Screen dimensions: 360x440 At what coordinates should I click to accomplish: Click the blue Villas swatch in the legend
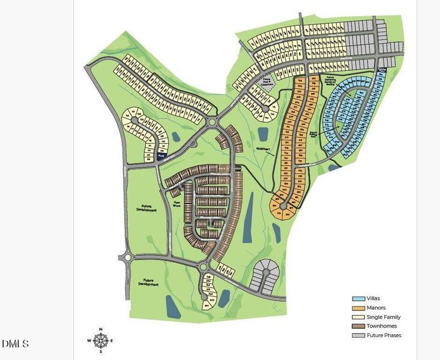click(358, 298)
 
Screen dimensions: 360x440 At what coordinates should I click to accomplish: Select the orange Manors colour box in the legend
click(358, 308)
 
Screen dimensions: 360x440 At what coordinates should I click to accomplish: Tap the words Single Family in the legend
click(385, 317)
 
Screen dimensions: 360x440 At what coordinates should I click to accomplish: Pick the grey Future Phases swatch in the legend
click(358, 335)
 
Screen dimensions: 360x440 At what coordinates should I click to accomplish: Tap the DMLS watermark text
click(15, 344)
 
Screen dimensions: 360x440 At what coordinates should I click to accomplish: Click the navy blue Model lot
click(161, 155)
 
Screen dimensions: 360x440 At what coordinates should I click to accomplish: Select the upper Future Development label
click(146, 208)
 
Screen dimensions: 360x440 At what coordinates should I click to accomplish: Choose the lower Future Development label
click(146, 281)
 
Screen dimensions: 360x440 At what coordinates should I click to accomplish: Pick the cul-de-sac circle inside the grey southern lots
click(266, 272)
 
